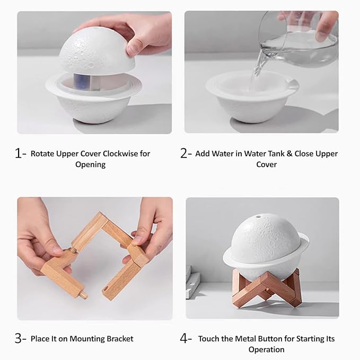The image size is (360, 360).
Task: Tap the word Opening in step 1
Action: click(x=90, y=165)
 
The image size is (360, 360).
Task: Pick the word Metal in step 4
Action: click(x=244, y=339)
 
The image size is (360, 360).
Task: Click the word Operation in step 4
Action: click(x=266, y=350)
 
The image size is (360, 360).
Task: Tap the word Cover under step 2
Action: click(x=266, y=165)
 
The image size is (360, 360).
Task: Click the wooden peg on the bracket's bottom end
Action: click(x=83, y=293)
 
